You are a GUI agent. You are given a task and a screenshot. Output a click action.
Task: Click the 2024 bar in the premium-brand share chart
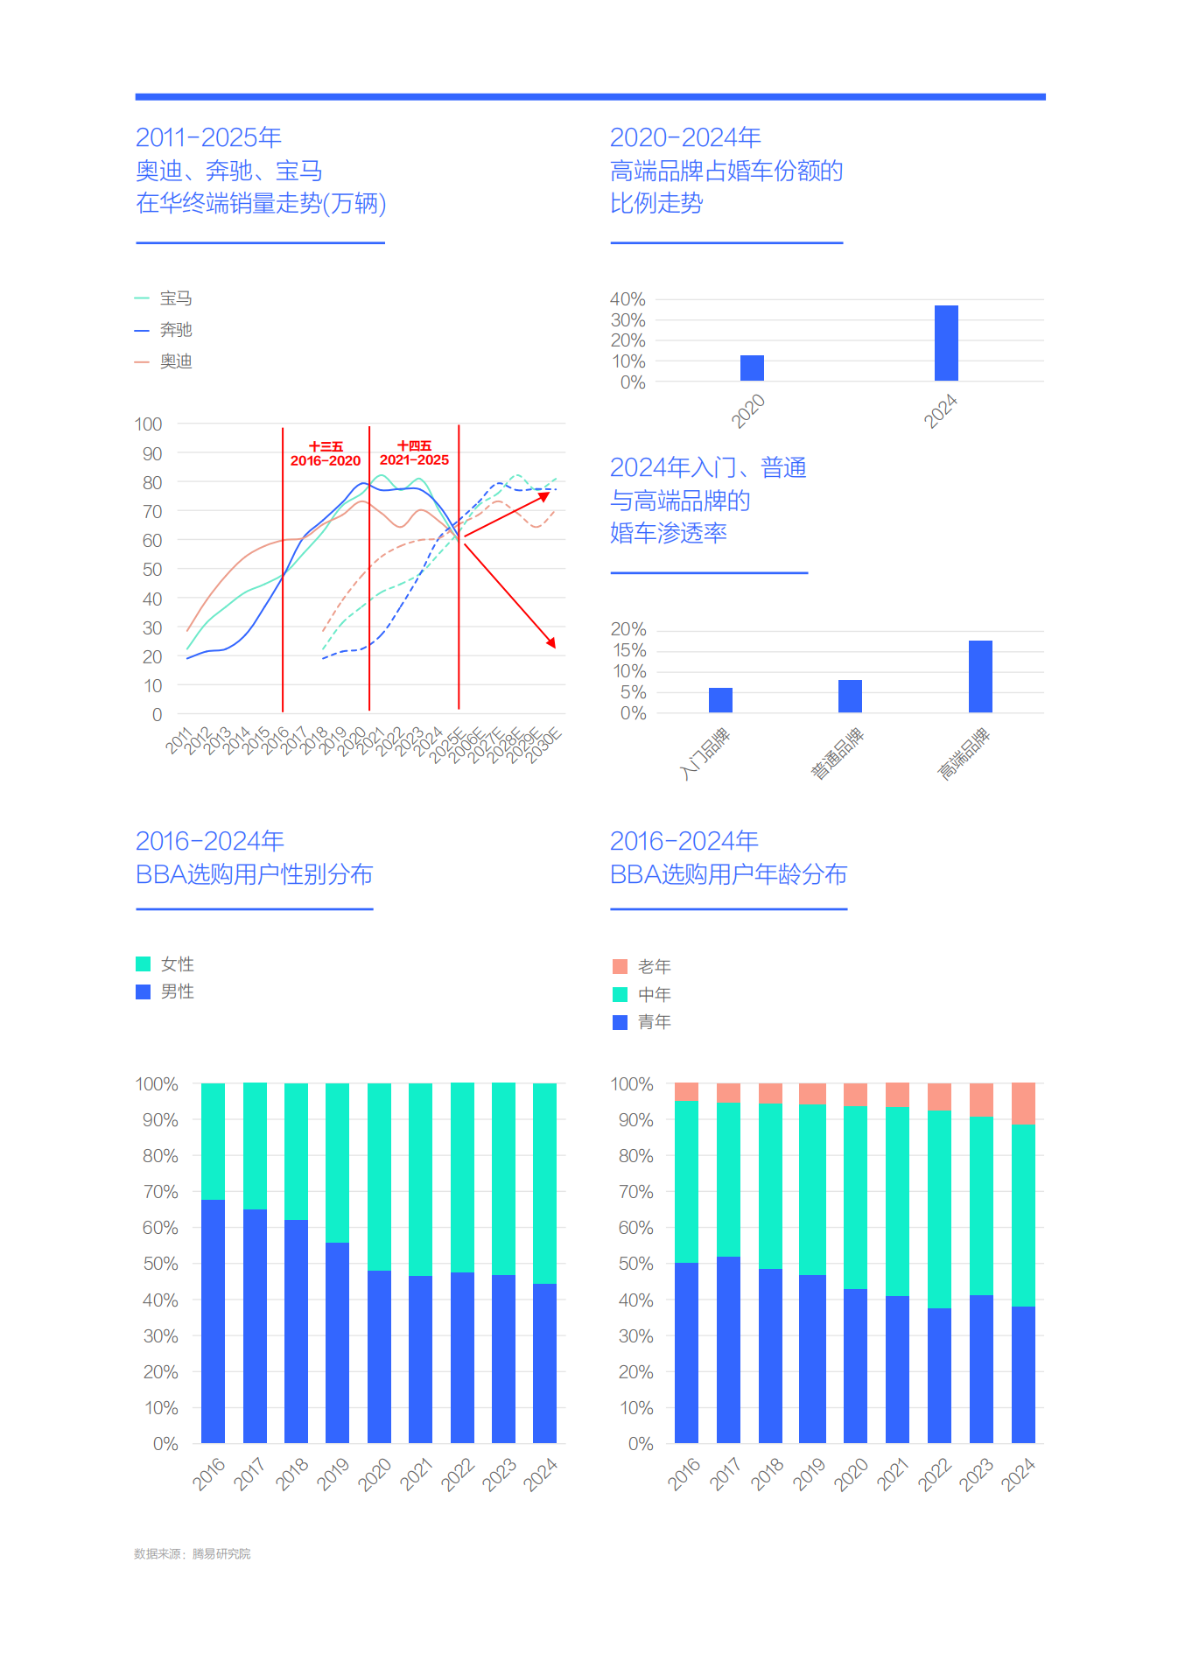(x=946, y=343)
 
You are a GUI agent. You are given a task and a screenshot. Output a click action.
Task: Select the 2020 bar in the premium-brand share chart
(x=752, y=368)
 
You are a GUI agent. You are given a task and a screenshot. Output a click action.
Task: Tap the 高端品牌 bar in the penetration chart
(x=980, y=676)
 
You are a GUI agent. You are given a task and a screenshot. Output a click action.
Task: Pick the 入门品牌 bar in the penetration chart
(x=720, y=700)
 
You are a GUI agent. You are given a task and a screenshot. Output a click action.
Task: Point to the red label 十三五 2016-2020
(x=326, y=454)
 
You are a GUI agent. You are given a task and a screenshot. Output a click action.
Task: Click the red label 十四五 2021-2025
(x=414, y=453)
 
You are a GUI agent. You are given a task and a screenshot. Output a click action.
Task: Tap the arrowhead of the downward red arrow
(x=551, y=643)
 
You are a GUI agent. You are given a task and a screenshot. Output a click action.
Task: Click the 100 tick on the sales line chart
(x=148, y=424)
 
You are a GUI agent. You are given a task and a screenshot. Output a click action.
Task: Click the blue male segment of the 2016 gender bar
(x=213, y=1321)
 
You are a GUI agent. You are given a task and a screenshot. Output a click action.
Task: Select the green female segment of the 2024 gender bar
(x=544, y=1183)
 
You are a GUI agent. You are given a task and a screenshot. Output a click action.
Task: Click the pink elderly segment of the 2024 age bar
(x=1023, y=1104)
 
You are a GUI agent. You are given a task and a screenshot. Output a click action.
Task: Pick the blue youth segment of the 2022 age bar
(x=939, y=1375)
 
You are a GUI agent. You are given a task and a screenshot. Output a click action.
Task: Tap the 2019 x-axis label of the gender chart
(x=333, y=1474)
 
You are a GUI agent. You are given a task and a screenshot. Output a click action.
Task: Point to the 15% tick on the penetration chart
(x=629, y=650)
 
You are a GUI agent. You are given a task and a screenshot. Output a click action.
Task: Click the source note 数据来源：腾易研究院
(x=192, y=1553)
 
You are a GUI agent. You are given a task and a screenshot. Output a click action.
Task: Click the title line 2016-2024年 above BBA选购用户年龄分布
(x=684, y=841)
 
